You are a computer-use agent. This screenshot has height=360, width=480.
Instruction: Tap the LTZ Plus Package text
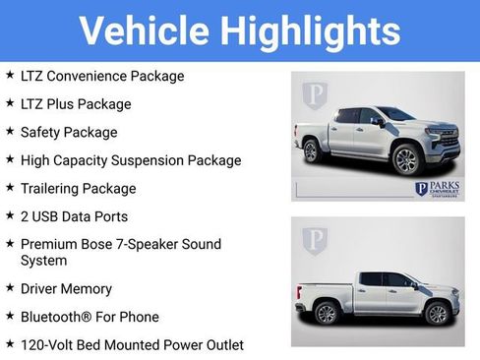[75, 103]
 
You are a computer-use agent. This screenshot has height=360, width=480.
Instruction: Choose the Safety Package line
[68, 132]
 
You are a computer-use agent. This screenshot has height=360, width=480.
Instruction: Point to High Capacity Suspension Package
[130, 159]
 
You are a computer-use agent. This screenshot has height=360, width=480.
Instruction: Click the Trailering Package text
[78, 188]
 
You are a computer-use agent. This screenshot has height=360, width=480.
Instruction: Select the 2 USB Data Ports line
[74, 216]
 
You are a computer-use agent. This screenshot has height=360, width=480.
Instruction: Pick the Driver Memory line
[66, 289]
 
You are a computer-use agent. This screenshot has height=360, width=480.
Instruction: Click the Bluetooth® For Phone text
[89, 317]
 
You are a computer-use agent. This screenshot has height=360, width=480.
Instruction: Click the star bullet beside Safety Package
[9, 131]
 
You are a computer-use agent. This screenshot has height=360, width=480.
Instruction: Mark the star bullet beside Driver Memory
[9, 288]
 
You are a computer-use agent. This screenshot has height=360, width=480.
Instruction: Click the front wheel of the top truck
[405, 159]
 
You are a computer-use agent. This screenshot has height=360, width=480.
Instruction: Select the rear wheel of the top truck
[312, 151]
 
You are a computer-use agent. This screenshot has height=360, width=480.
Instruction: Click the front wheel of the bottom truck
[437, 314]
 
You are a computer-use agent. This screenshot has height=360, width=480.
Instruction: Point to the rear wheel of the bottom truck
[328, 314]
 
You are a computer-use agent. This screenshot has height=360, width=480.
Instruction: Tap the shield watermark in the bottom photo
[315, 239]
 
